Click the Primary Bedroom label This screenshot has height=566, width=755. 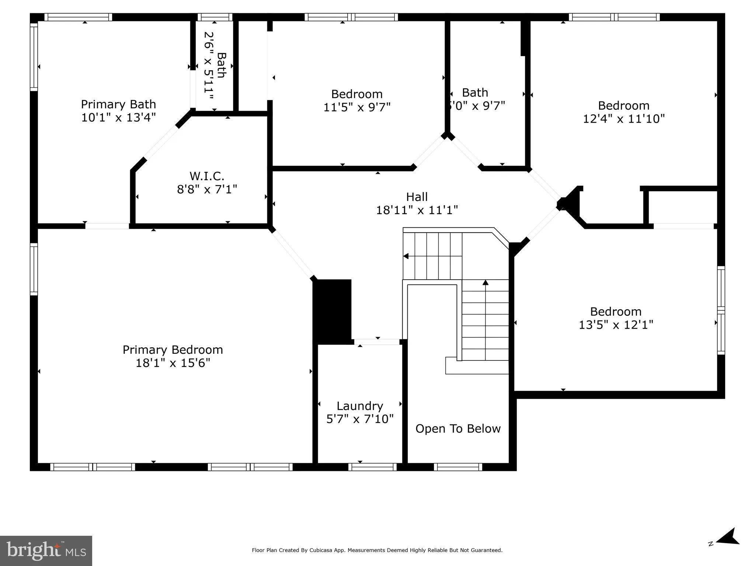point(173,349)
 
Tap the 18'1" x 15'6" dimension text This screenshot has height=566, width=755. point(173,363)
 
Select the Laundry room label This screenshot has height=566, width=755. point(359,406)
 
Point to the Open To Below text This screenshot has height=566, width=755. point(458,429)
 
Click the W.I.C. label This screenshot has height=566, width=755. point(206,176)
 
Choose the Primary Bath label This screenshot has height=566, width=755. point(118,104)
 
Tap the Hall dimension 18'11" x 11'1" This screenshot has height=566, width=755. point(417,210)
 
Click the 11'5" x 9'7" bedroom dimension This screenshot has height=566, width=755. point(356,107)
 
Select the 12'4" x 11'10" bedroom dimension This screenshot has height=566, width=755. point(623,119)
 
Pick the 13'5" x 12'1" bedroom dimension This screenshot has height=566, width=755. point(616,325)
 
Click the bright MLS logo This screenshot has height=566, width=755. point(46,551)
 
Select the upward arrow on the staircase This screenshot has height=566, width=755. point(486,283)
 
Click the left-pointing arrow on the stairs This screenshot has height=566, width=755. point(406,256)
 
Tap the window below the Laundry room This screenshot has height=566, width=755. point(372,467)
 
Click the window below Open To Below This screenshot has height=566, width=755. point(458,467)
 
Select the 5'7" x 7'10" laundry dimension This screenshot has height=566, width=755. point(359,419)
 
